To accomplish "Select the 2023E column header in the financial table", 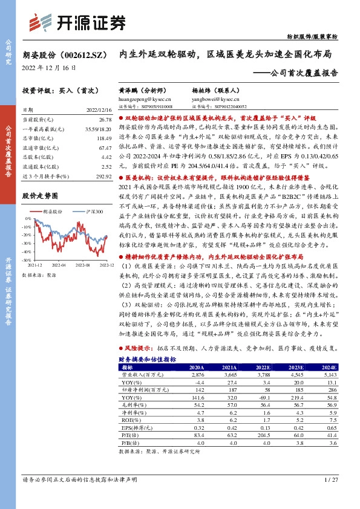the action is [295, 367].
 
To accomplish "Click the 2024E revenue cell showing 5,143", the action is [327, 375].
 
